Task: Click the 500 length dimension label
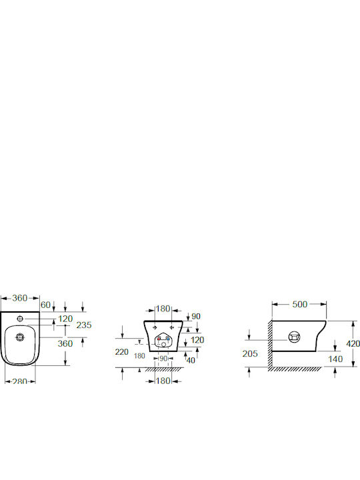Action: point(300,304)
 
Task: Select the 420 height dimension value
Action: point(353,344)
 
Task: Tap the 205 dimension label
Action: point(250,353)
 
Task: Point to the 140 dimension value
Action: point(335,359)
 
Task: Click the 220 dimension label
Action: point(122,352)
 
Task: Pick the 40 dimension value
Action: point(191,360)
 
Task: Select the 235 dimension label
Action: point(84,325)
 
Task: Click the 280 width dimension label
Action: point(20,381)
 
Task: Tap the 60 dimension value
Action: point(45,305)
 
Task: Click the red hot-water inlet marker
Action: point(159,339)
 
